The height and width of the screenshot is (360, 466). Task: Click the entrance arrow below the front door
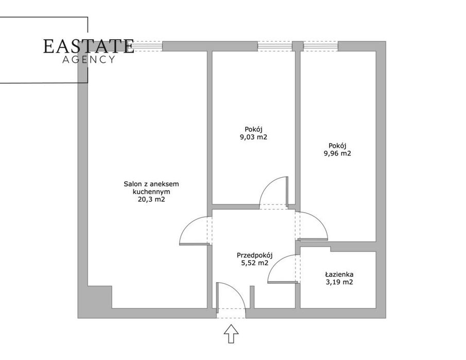click(x=231, y=334)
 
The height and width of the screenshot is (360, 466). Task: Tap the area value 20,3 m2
click(x=151, y=199)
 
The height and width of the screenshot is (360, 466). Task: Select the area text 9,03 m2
click(x=253, y=137)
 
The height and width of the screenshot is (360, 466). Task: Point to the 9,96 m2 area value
click(x=337, y=153)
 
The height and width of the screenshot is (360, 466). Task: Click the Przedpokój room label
click(x=255, y=255)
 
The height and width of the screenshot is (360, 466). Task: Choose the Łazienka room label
click(x=339, y=275)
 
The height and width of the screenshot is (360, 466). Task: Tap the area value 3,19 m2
click(x=339, y=282)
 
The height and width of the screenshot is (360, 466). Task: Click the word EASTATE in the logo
click(x=88, y=46)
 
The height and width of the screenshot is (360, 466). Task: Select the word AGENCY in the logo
click(x=88, y=59)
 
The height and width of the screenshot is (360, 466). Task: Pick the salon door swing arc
click(x=188, y=226)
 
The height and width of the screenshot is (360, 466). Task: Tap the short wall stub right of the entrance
click(x=252, y=297)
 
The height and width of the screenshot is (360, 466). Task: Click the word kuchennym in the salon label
click(x=151, y=192)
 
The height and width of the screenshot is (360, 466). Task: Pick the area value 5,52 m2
click(x=255, y=263)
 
